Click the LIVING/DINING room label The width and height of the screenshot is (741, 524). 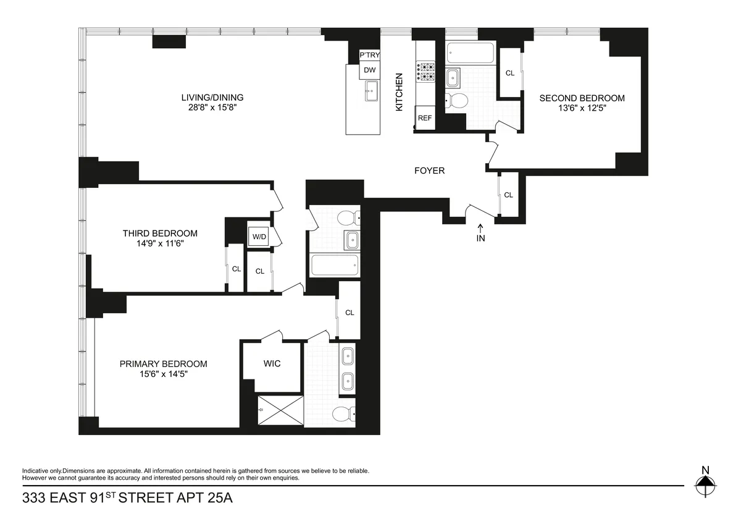pos(212,98)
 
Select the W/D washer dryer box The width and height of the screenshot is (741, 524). pos(258,235)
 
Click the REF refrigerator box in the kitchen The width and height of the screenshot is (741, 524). pos(425,118)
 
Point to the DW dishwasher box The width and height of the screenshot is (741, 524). pos(369,70)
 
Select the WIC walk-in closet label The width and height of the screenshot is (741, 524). pos(272,363)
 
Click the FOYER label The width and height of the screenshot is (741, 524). pos(429,171)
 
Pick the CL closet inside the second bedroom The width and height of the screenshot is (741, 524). pos(509,73)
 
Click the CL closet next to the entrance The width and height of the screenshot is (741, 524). pos(508,195)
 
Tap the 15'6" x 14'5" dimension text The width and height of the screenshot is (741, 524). pos(163,375)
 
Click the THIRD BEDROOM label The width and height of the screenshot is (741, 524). pos(160,233)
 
